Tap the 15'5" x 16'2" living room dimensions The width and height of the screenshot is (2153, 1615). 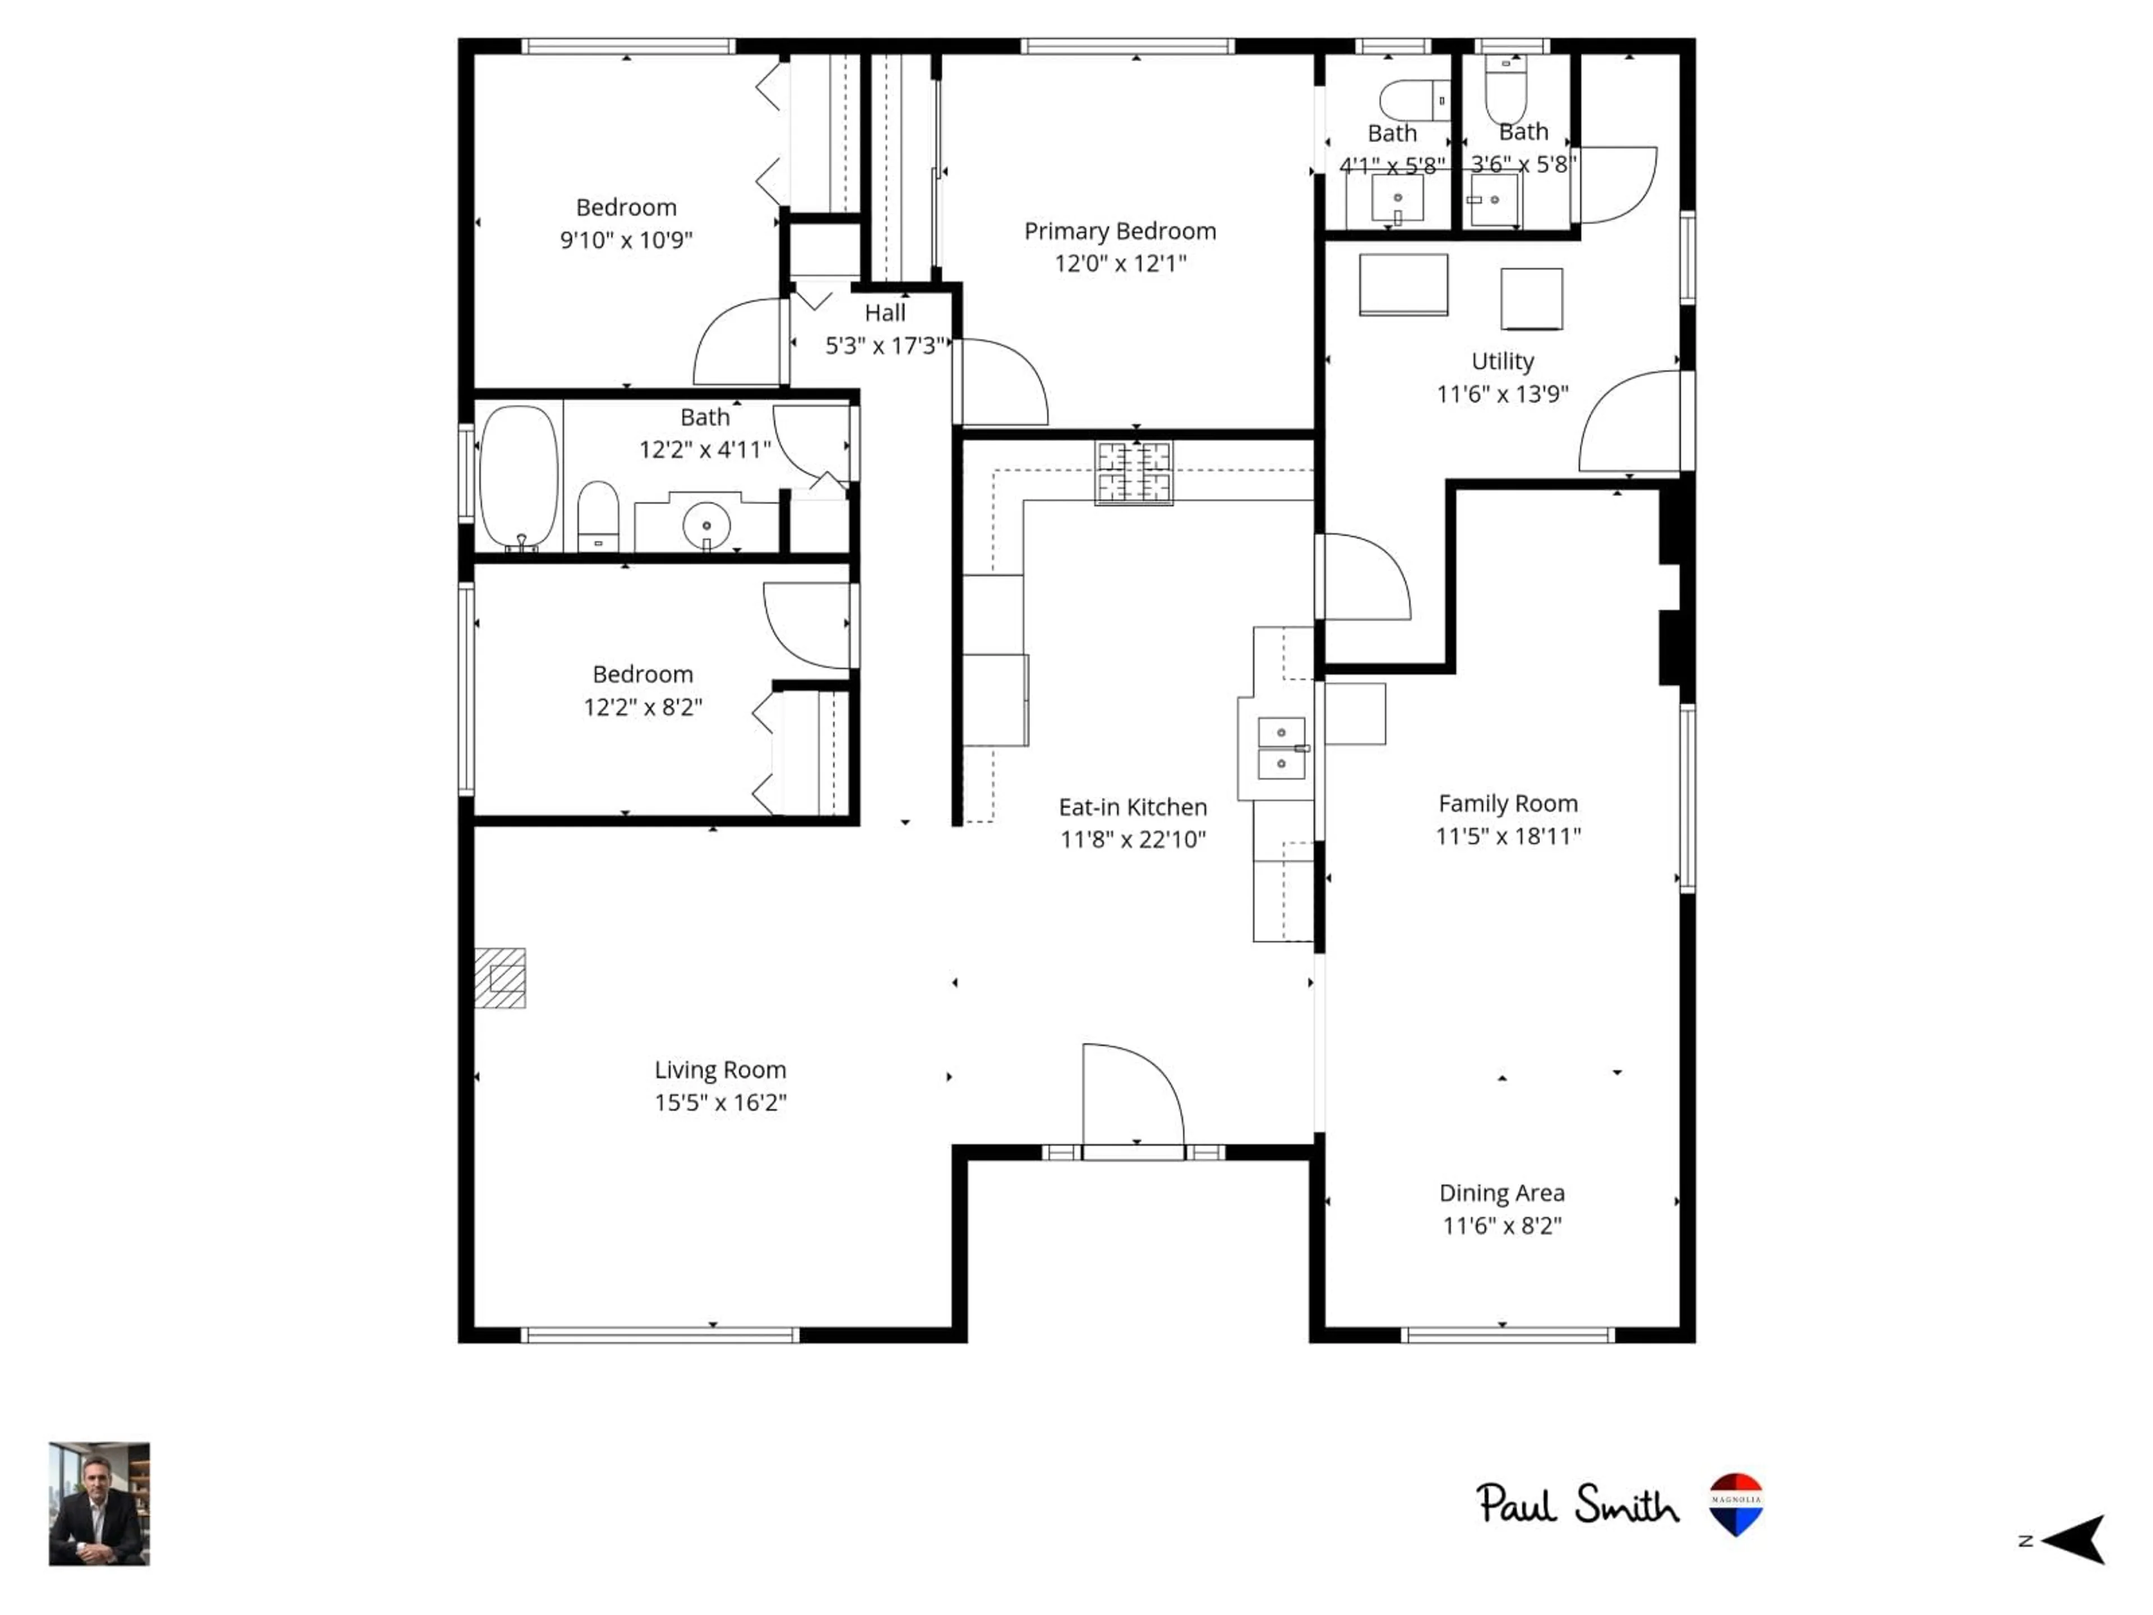pos(720,1102)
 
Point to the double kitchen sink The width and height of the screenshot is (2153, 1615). pos(1281,747)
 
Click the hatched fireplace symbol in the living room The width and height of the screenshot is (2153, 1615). pos(500,977)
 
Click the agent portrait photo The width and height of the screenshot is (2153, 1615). pos(99,1504)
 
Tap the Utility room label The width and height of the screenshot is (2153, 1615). pos(1502,361)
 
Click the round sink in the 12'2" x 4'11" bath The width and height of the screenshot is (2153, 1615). pos(706,525)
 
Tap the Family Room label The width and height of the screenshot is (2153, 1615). pos(1508,803)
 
